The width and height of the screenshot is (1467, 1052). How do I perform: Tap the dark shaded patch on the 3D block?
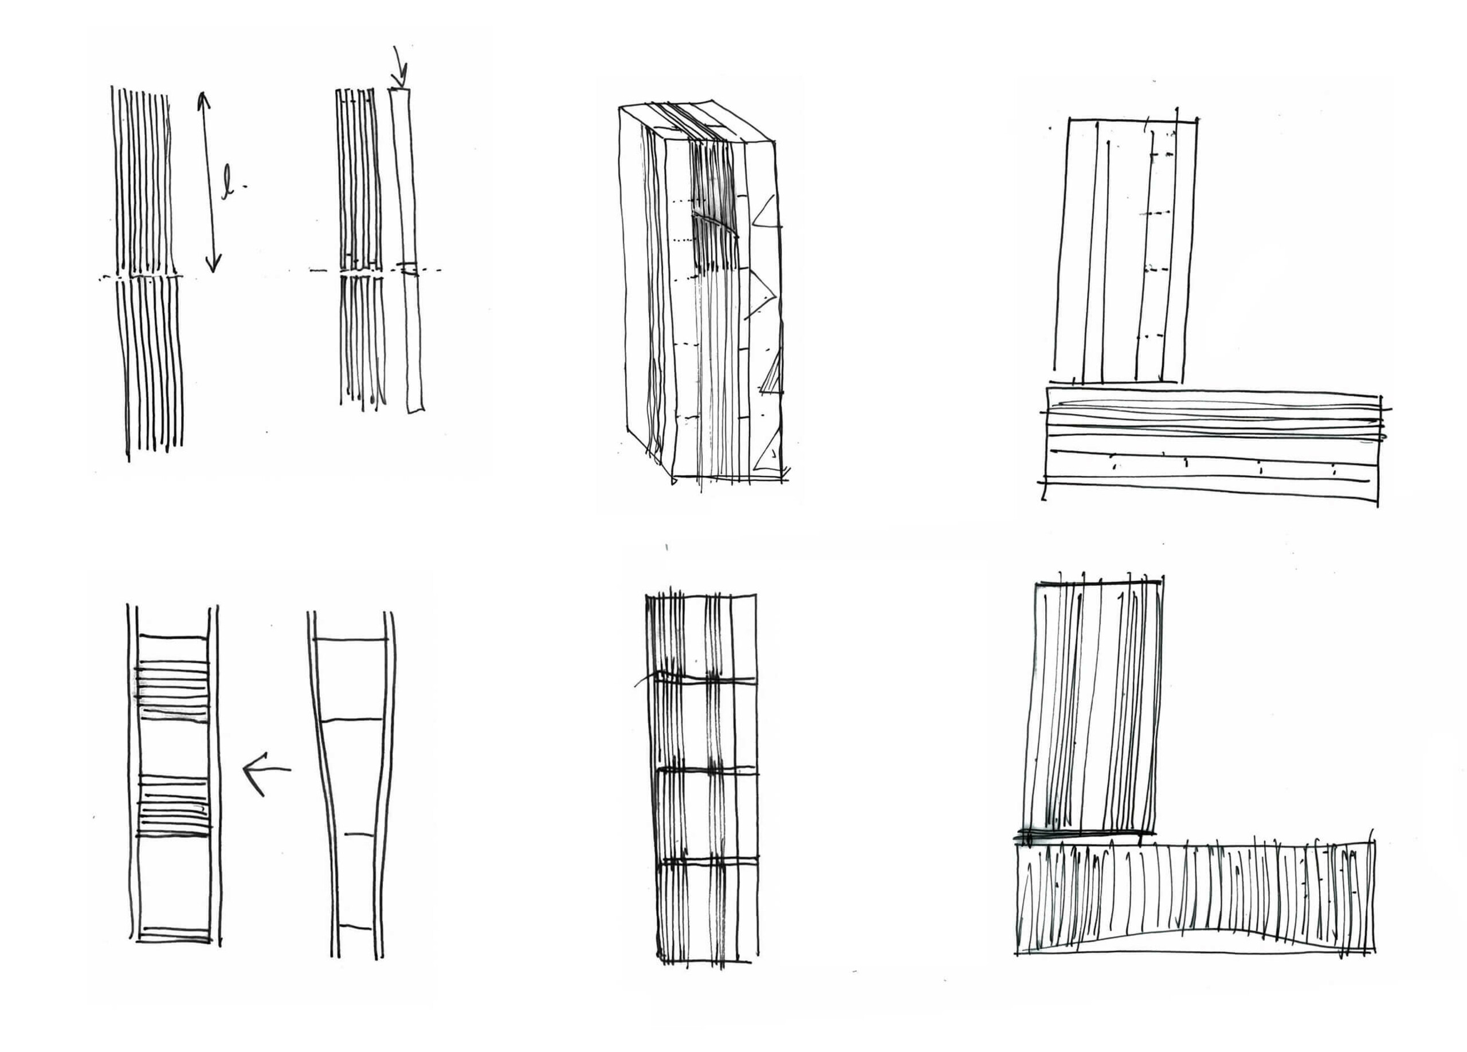point(714,214)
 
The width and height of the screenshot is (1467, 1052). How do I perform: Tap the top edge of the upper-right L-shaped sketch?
point(1132,120)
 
